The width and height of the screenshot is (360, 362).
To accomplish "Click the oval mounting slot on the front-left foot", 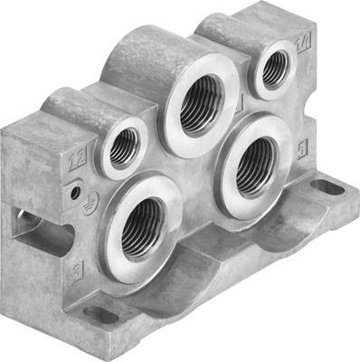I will tap(100, 315).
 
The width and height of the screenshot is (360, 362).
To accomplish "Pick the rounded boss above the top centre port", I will tap(145, 59).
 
